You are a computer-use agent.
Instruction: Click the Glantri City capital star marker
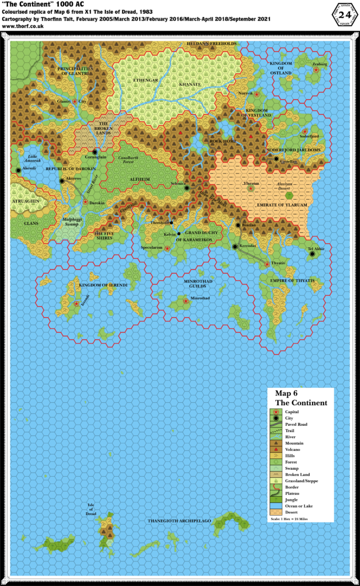(74, 101)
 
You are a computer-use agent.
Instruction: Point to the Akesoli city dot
(18, 171)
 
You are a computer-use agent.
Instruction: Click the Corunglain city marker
(95, 152)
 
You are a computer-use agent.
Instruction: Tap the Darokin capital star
(85, 202)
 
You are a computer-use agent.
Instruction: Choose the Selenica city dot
(187, 188)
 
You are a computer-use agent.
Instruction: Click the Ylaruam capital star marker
(248, 188)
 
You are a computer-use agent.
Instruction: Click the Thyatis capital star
(267, 264)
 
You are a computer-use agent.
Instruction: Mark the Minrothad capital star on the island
(185, 300)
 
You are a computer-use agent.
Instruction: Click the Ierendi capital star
(77, 304)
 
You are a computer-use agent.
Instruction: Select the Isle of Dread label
(90, 509)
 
